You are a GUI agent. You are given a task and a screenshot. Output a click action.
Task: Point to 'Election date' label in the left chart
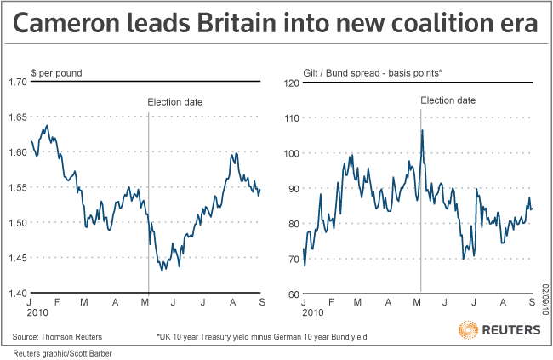[x=175, y=101]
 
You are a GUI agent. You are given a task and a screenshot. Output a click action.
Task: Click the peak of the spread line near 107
[x=422, y=130]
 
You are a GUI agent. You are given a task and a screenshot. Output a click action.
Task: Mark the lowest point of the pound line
[x=162, y=271]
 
